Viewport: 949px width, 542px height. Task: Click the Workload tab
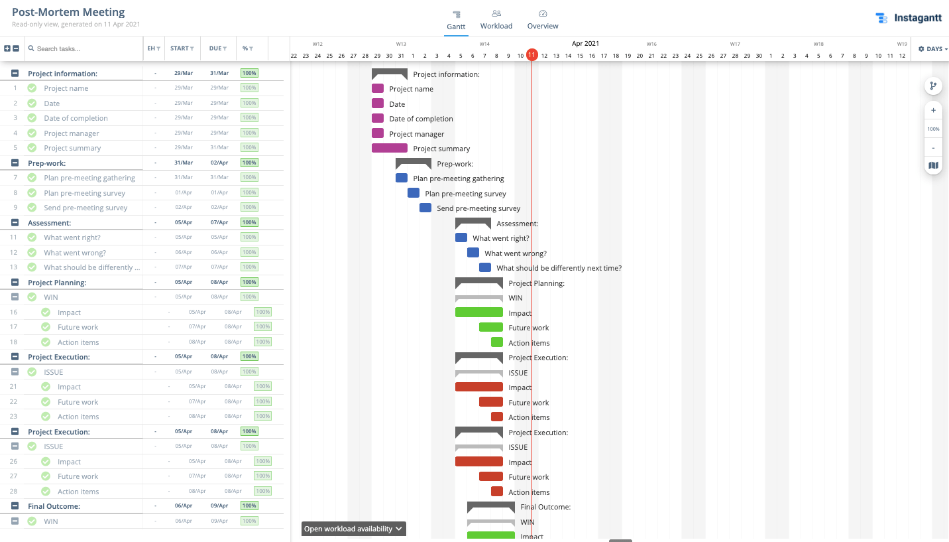coord(496,20)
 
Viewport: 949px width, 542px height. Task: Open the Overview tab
coord(542,20)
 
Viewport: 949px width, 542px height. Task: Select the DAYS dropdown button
coord(932,49)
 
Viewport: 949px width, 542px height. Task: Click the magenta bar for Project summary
coord(389,148)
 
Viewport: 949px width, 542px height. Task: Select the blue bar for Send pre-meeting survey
coord(425,208)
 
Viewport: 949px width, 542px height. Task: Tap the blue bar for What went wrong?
coord(473,253)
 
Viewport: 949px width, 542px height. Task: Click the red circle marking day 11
coord(531,55)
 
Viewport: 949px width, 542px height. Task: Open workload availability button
coord(353,529)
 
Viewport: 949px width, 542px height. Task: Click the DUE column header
coord(217,48)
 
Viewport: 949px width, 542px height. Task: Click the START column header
coord(182,48)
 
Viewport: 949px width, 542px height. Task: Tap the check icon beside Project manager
coord(32,133)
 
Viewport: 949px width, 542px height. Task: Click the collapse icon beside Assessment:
coord(15,223)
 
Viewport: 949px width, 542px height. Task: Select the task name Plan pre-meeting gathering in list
coord(89,178)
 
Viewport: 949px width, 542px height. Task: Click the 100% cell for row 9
coord(249,207)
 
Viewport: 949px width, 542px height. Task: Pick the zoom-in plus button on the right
coord(933,111)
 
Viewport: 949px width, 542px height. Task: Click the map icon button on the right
coord(933,165)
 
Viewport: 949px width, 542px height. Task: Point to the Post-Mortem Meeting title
coord(68,13)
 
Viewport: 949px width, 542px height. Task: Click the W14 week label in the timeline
coord(484,44)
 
